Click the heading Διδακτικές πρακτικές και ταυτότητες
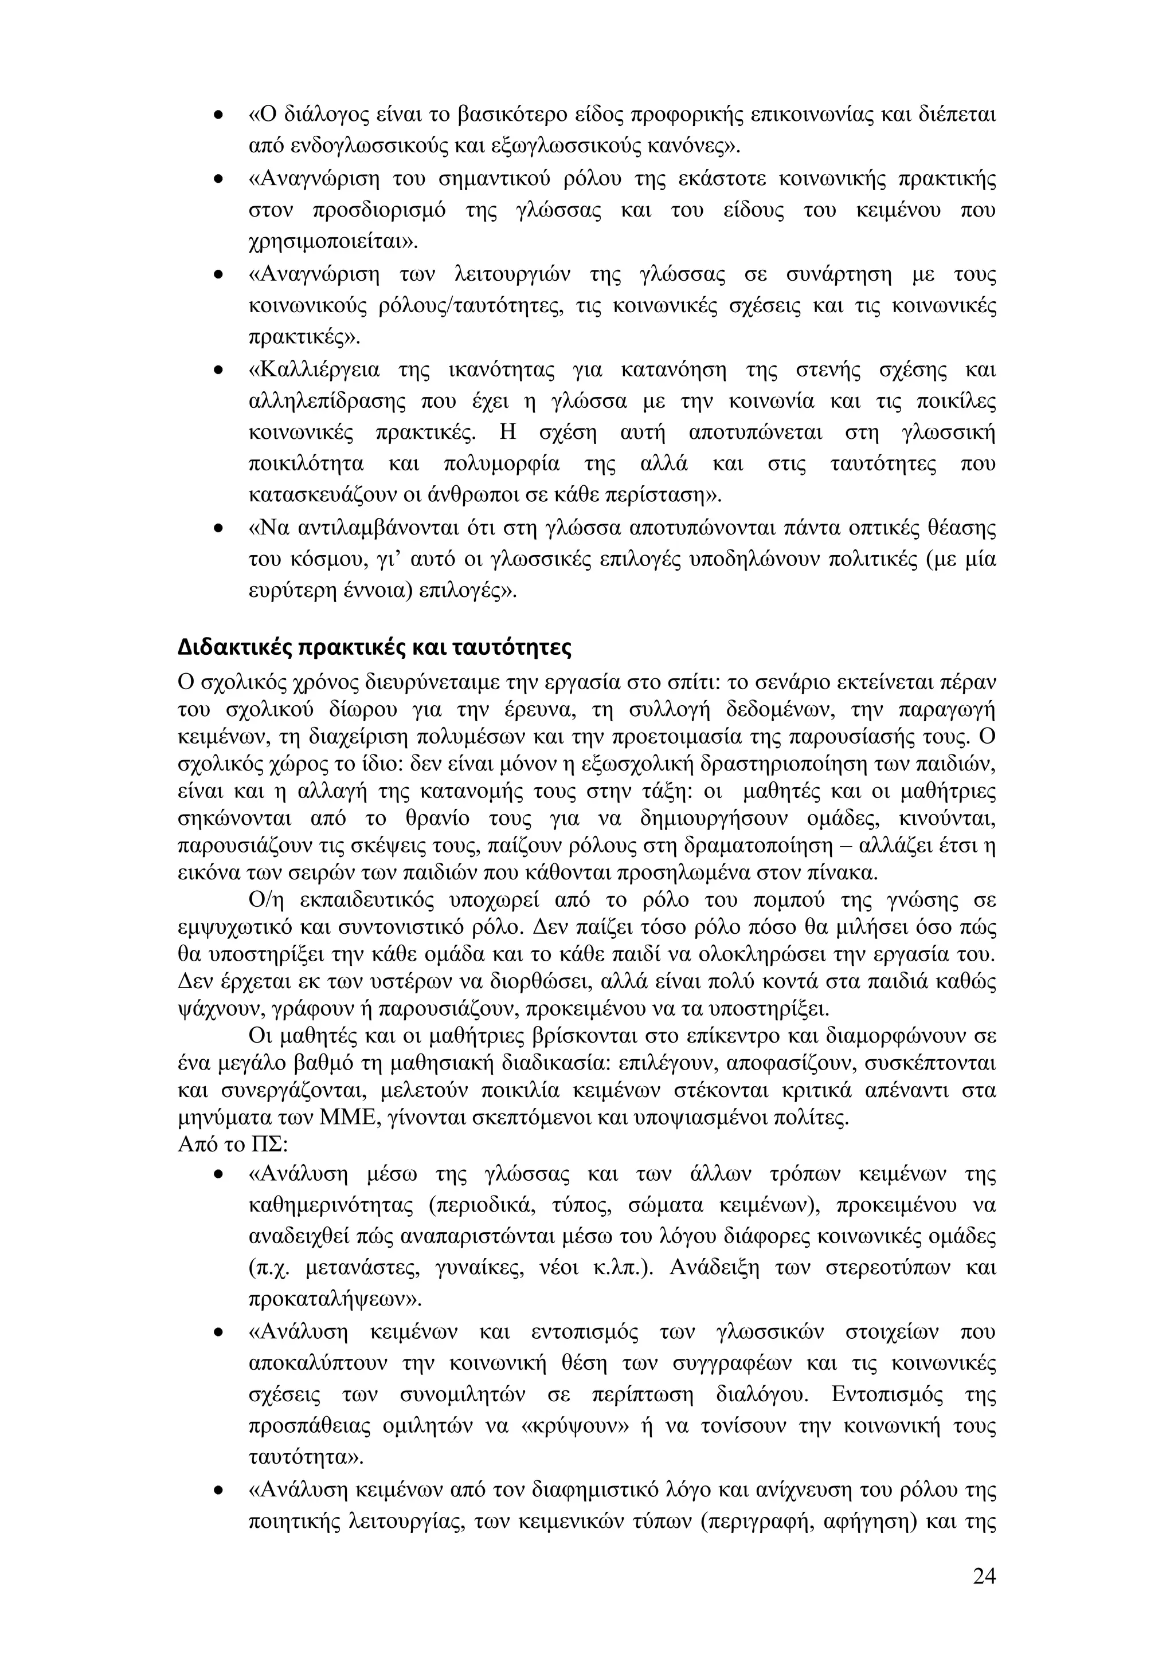tap(374, 647)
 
